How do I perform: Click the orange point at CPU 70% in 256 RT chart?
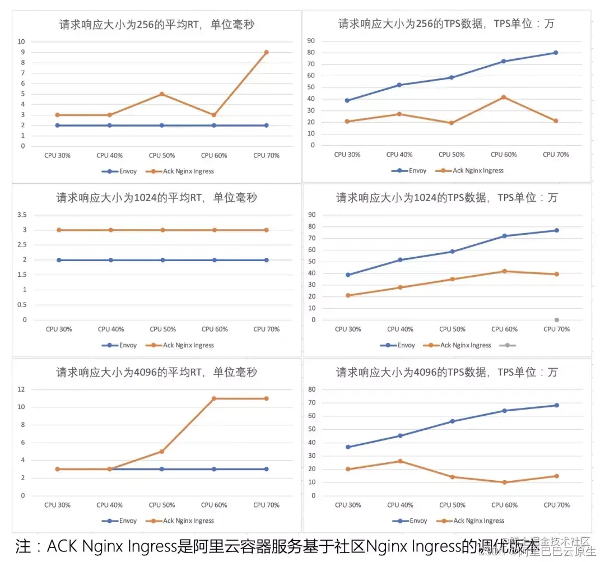pos(266,52)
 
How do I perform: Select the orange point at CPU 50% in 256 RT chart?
pos(162,94)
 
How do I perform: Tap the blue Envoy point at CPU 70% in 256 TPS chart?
pos(556,53)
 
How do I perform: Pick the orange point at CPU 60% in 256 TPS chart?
pos(503,97)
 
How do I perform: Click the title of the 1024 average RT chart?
pos(156,198)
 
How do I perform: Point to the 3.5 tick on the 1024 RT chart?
pos(22,215)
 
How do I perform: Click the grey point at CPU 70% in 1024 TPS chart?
pos(556,320)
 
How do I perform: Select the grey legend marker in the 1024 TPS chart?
pos(506,345)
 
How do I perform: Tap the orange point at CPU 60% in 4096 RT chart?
pos(214,398)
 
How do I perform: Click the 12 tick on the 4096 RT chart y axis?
pos(21,389)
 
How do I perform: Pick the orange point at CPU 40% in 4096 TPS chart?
pos(400,461)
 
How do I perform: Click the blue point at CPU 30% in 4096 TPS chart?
pos(348,447)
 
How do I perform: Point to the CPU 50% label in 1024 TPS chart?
pos(452,329)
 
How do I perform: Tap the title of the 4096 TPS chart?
pos(446,372)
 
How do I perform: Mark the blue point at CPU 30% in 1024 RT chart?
pos(58,260)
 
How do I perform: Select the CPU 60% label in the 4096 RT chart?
pos(214,505)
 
